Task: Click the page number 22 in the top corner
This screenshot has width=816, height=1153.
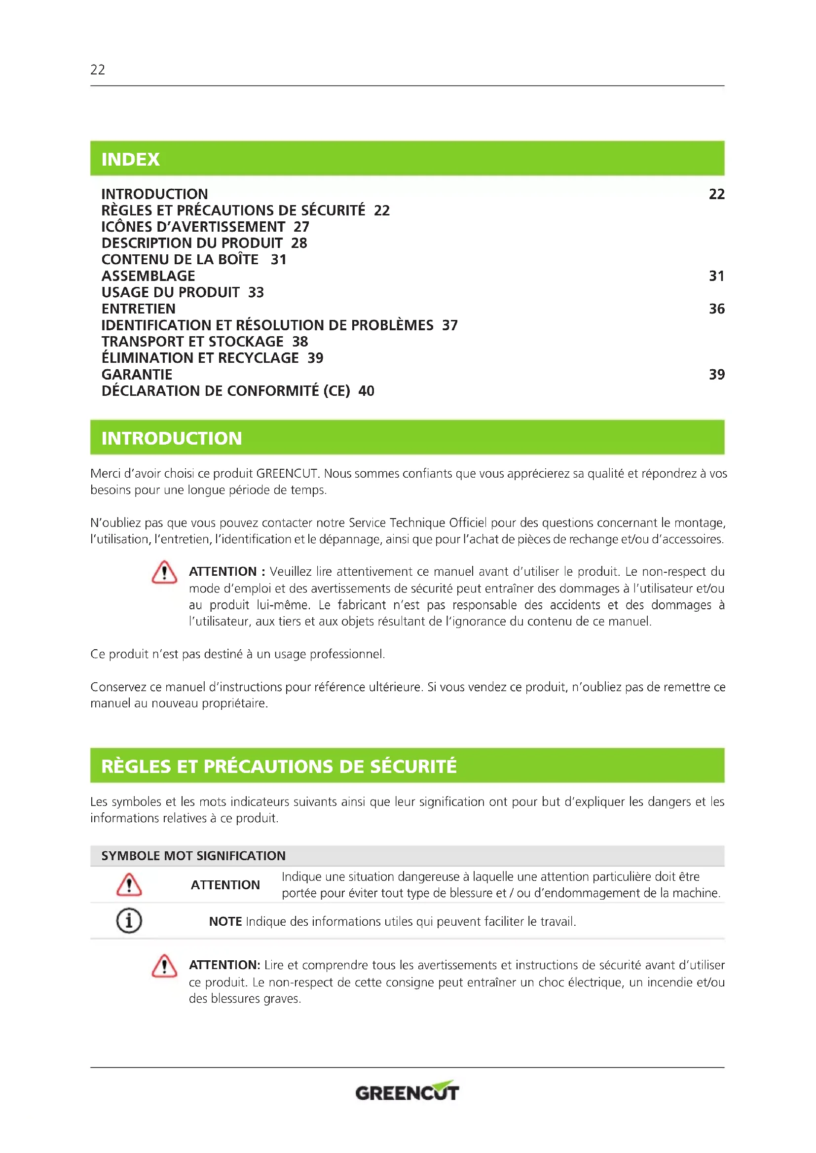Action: point(98,70)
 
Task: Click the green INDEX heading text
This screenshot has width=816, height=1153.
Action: point(130,159)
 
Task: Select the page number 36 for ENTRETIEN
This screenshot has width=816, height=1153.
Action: point(716,309)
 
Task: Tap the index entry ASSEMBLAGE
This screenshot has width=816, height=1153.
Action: point(148,276)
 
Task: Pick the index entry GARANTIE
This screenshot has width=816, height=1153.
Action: point(137,375)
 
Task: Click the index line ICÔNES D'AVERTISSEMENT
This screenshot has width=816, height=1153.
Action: point(193,227)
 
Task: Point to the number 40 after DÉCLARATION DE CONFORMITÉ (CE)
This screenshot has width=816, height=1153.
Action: point(366,391)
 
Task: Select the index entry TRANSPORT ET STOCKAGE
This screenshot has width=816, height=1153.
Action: point(192,342)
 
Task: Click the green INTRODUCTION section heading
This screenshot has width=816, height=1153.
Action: point(171,438)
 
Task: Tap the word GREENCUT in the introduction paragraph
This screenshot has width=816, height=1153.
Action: point(287,474)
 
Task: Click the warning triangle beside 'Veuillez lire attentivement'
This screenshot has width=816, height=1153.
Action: point(164,572)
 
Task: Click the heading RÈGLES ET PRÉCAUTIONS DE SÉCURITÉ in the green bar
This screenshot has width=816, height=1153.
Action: point(279,767)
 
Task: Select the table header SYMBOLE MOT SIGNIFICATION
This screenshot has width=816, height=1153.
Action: point(193,856)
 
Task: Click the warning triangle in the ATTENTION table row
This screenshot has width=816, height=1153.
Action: point(129,885)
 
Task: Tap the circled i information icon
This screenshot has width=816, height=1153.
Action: point(129,920)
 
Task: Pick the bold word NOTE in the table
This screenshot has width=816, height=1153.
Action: point(225,921)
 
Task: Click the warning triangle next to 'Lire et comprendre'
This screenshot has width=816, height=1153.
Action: point(164,966)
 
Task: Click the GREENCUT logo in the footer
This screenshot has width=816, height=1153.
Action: point(407,1092)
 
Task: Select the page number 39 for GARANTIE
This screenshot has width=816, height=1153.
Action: point(716,375)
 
